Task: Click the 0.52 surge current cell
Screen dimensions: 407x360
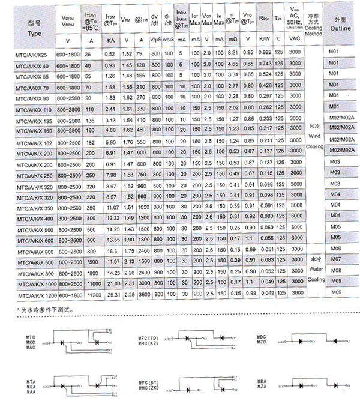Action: (110, 55)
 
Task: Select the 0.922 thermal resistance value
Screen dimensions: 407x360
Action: (265, 54)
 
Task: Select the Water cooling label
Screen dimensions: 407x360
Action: (316, 269)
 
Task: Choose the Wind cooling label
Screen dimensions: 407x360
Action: (316, 137)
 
